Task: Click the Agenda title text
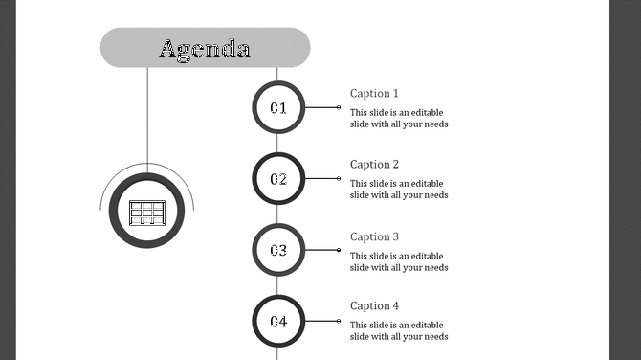[x=205, y=49]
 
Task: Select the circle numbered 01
[x=278, y=107]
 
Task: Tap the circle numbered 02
[x=278, y=178]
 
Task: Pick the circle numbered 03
[x=278, y=250]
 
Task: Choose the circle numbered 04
[x=278, y=321]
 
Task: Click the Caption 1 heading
[x=374, y=93]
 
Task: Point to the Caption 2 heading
[x=374, y=165]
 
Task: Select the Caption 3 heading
[x=374, y=236]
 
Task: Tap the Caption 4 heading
[x=374, y=306]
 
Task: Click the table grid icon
[x=147, y=212]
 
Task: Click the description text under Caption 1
[x=399, y=118]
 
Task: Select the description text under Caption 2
[x=399, y=189]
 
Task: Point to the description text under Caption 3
[x=399, y=261]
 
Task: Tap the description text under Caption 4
[x=399, y=330]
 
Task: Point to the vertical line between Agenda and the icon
[x=147, y=115]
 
